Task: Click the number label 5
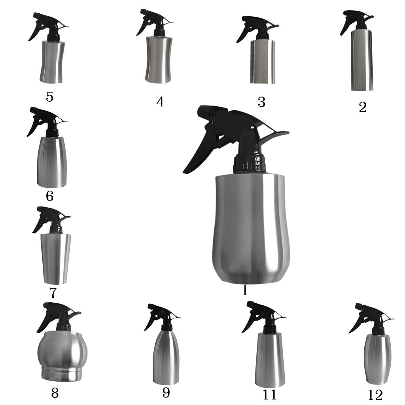point(49,97)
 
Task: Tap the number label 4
point(160,102)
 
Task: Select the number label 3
point(262,102)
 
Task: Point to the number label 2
point(363,107)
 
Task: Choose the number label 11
point(269,395)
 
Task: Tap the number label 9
point(166,393)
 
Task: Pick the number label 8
point(55,393)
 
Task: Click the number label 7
point(53,293)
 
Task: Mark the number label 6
point(49,196)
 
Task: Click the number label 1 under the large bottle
point(245,290)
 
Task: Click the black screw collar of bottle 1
point(250,164)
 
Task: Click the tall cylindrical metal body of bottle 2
point(362,60)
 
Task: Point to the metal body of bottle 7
point(56,259)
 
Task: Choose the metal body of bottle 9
point(166,357)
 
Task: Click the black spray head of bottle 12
point(370,319)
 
